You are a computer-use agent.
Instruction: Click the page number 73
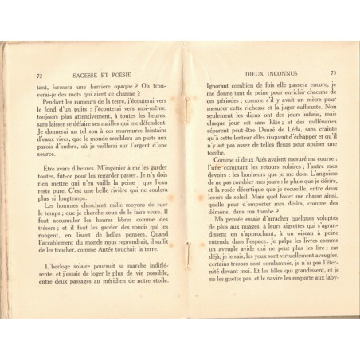coord(334,74)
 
